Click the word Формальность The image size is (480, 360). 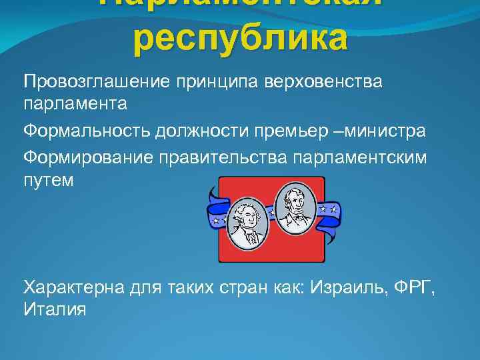tap(87, 131)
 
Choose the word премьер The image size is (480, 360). tap(283, 131)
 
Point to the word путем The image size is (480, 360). tap(46, 181)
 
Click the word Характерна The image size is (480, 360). tap(78, 288)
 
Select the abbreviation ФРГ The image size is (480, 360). tap(425, 288)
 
